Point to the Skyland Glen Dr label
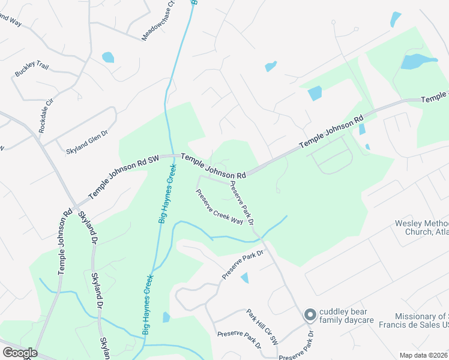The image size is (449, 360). [86, 142]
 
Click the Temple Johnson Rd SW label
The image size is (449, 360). [123, 177]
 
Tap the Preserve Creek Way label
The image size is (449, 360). [220, 207]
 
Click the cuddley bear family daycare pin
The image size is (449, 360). [310, 314]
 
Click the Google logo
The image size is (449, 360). [20, 353]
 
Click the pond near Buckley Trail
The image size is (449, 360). [108, 58]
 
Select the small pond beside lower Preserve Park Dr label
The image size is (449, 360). [244, 278]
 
